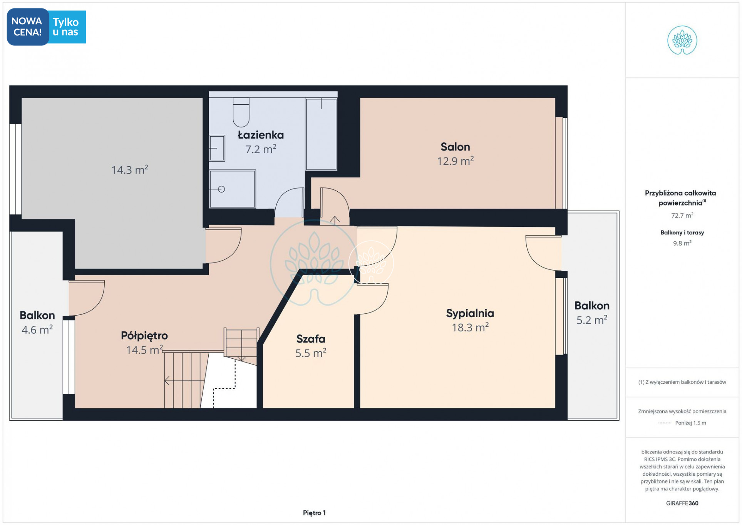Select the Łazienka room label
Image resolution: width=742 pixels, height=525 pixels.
[x=261, y=135]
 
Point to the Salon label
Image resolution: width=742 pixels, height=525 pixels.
[x=455, y=147]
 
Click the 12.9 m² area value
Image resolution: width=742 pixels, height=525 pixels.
[x=455, y=161]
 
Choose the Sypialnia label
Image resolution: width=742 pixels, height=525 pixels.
[x=470, y=313]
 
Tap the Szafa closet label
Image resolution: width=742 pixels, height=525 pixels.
[x=311, y=339]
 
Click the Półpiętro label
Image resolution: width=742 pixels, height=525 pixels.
[x=144, y=336]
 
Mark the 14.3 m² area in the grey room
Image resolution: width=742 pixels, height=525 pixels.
[x=130, y=169]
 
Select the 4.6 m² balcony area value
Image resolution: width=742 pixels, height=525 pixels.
[x=37, y=329]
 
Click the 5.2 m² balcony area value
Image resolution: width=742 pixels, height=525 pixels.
[x=592, y=320]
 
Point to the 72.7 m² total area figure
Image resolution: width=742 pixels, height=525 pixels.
[x=682, y=215]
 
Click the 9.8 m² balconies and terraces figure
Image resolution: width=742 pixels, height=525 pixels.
[x=682, y=243]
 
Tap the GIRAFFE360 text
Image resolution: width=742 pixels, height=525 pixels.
[x=682, y=503]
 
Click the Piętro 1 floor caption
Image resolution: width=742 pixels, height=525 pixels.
[x=314, y=513]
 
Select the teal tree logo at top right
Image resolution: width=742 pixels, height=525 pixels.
[x=682, y=40]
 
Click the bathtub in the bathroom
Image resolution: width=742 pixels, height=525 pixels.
[x=321, y=134]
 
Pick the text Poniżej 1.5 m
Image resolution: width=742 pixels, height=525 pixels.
[x=690, y=423]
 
